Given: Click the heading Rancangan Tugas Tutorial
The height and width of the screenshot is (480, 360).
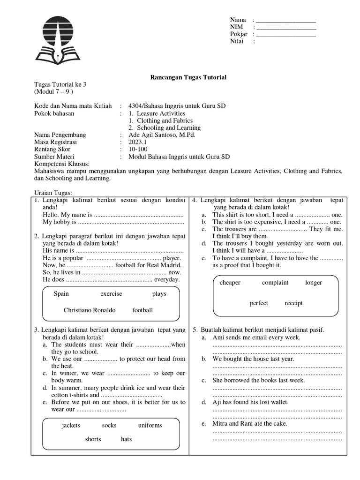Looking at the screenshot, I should click(187, 77).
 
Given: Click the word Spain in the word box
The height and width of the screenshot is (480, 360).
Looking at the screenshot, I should click(61, 294).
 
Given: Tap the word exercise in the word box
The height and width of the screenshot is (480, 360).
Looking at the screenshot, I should click(111, 294).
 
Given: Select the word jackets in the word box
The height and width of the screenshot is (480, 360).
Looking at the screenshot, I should click(71, 426).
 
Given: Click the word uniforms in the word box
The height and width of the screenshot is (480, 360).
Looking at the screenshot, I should click(150, 426).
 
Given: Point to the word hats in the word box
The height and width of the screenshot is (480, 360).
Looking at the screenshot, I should click(126, 440).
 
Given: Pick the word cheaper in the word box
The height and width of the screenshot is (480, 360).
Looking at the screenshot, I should click(230, 283).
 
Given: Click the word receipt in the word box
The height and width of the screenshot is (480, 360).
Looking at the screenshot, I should click(293, 303).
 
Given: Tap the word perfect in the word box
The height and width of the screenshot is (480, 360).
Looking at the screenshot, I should click(259, 303).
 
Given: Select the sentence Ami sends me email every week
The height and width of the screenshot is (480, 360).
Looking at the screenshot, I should click(256, 337).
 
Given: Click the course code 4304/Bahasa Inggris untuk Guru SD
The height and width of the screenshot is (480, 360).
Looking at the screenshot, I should click(177, 106).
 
